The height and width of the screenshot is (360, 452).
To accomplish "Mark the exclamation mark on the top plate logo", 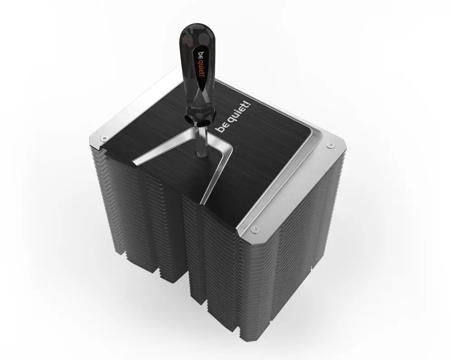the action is [250, 104].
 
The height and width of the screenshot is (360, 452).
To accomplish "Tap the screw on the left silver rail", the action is [103, 139].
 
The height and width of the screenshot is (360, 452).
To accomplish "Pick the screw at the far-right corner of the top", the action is [329, 145].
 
